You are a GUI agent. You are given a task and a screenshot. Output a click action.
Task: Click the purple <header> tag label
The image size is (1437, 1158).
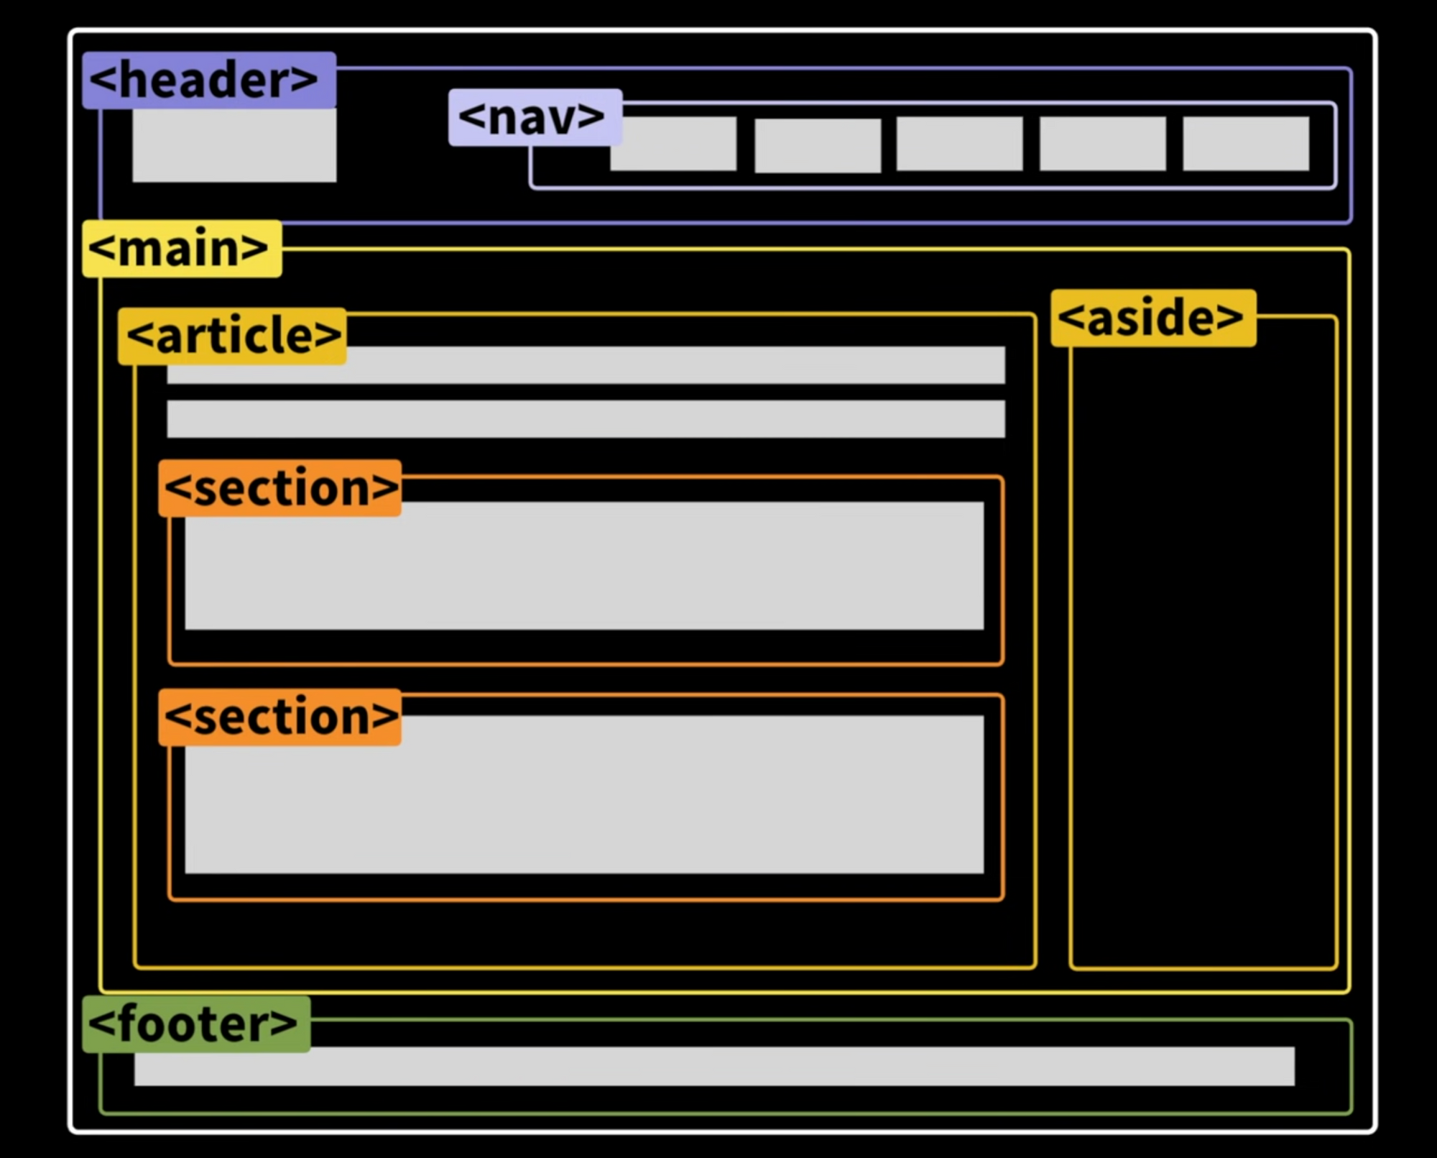[208, 80]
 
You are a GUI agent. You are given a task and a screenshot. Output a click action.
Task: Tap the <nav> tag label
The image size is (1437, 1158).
[535, 117]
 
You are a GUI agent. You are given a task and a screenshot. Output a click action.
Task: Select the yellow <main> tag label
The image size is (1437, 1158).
[182, 249]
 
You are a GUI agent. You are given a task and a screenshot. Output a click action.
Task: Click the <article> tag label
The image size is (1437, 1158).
[232, 336]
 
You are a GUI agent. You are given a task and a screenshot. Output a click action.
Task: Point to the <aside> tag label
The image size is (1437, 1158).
[1153, 318]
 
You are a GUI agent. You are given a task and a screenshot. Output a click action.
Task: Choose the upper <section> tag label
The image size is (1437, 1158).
[279, 488]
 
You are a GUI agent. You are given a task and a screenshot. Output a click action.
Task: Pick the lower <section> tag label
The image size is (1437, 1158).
[279, 717]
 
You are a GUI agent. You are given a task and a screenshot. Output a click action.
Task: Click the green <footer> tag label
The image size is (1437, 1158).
[196, 1024]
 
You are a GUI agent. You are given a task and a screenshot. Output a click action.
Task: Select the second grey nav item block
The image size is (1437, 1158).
[818, 145]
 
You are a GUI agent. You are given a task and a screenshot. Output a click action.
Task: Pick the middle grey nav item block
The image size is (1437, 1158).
[959, 144]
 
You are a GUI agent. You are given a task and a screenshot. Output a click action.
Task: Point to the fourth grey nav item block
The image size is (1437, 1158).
[1102, 144]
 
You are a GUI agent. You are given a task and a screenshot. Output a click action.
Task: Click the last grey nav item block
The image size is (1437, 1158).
[1246, 144]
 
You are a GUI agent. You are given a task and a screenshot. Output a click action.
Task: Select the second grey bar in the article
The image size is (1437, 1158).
[586, 419]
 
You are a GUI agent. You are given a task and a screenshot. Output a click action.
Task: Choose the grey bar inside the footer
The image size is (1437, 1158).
[714, 1067]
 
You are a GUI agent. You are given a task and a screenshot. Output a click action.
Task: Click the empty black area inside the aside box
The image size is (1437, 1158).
[1203, 647]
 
